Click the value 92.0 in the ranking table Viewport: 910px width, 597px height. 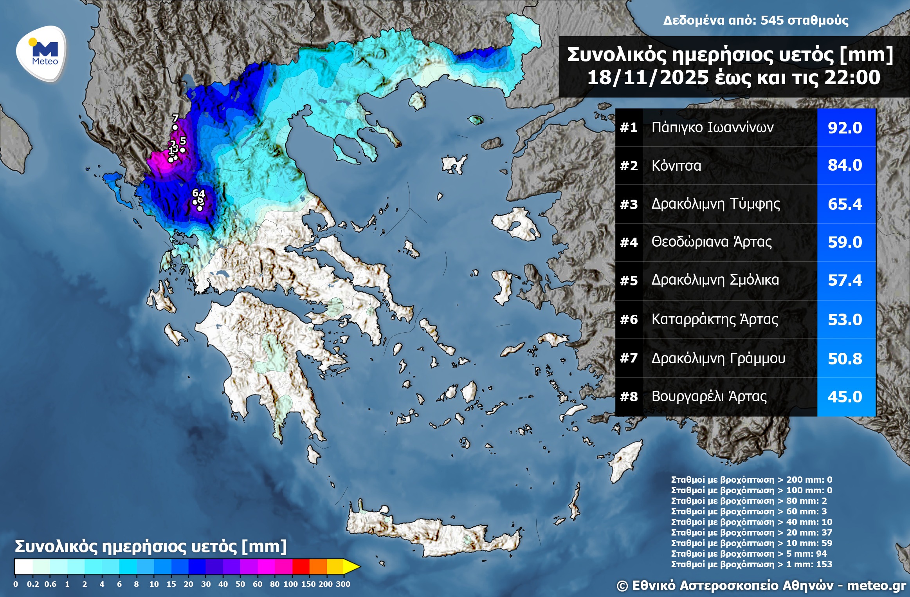click(845, 128)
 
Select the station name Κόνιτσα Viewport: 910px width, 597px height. click(676, 166)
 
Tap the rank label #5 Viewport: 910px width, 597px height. click(629, 281)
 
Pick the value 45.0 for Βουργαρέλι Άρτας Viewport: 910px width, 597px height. click(845, 397)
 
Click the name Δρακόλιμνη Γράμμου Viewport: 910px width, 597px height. click(718, 358)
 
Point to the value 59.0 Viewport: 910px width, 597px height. click(845, 242)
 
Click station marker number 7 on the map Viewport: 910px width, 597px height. click(175, 127)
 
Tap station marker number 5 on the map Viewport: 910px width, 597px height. click(182, 150)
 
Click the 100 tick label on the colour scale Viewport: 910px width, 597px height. click(290, 584)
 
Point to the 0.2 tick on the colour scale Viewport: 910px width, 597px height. click(33, 584)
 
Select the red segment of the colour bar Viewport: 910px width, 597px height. click(301, 566)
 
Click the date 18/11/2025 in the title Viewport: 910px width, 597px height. click(647, 78)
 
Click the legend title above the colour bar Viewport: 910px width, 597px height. click(151, 546)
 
